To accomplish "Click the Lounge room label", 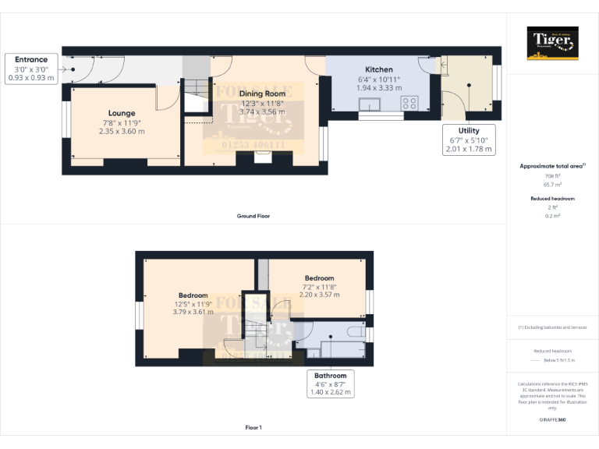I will coord(121,113).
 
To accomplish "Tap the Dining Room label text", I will coord(262,94).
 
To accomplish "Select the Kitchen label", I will coord(378,69).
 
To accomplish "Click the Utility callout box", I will coord(469,140).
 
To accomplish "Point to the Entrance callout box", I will coord(31,68).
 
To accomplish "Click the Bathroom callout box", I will coord(330,384).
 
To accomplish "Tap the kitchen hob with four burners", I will coord(409,103).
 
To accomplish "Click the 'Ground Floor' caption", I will coord(253,215).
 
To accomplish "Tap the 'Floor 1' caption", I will coord(253,427).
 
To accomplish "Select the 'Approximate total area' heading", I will coord(552,166).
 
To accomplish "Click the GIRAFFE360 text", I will coord(552,419).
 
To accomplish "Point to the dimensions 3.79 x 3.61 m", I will coord(193,312).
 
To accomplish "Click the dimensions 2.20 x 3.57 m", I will coord(319,295).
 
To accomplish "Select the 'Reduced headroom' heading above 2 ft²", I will coord(552,199).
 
